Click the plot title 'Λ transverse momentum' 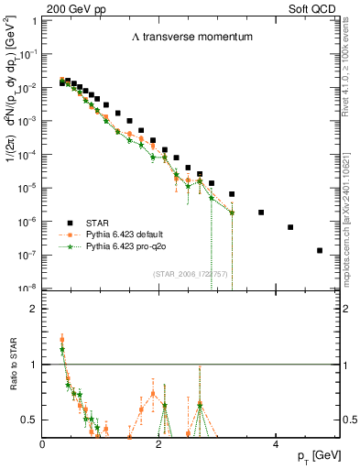coord(180,37)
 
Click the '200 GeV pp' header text coord(70,7)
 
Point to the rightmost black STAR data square coord(320,250)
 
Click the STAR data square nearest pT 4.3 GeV coord(290,227)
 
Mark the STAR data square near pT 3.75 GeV coord(261,213)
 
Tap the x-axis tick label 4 coord(276,444)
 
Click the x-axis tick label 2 coord(159,444)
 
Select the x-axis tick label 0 coord(43,444)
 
